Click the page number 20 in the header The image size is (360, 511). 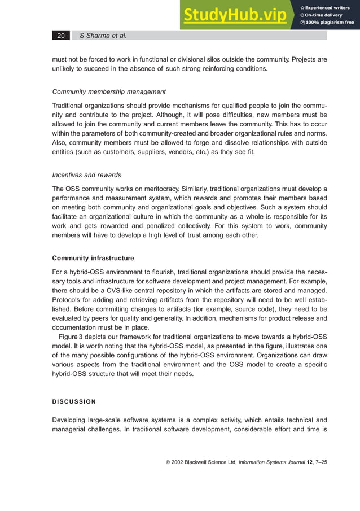[60, 36]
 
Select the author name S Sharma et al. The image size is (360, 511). [103, 36]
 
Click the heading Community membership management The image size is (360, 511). [109, 91]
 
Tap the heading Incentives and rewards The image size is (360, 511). [86, 174]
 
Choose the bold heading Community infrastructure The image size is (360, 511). [93, 258]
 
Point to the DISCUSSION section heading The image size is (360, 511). [74, 402]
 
